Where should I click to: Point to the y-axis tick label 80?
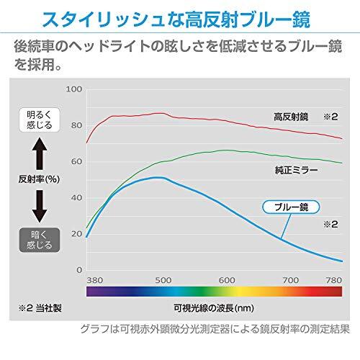click(x=76, y=125)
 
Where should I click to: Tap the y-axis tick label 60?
click(x=76, y=161)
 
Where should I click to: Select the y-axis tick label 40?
click(x=76, y=197)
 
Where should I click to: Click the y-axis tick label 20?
click(x=76, y=233)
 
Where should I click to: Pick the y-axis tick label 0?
click(x=78, y=269)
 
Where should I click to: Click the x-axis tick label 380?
click(x=95, y=279)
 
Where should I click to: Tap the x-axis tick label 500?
click(x=162, y=279)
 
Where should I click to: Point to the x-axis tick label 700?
click(x=291, y=279)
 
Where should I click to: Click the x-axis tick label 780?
click(x=333, y=279)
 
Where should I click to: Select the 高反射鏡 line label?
click(x=291, y=115)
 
